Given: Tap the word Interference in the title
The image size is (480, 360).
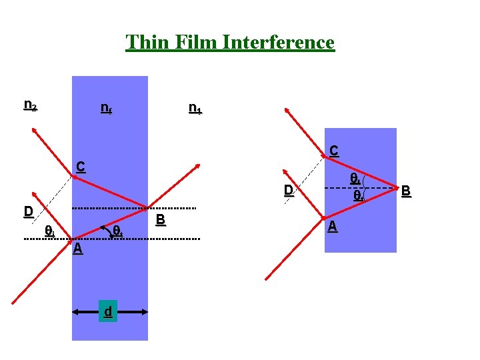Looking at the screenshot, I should [x=279, y=43].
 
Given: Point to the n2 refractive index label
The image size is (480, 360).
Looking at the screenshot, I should [x=30, y=105].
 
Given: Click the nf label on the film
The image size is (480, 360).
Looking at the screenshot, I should [x=105, y=107].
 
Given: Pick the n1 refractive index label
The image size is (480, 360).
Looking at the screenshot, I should [x=195, y=107].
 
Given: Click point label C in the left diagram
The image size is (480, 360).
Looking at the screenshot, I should [x=80, y=166].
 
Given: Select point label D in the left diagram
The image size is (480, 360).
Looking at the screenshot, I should [x=28, y=212].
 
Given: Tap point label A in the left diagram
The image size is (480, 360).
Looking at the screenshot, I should [x=78, y=248].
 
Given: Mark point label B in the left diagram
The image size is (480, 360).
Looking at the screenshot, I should [x=160, y=219].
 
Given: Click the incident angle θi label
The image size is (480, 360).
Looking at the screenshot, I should [x=49, y=231].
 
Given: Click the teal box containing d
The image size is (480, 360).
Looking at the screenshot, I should [x=107, y=311].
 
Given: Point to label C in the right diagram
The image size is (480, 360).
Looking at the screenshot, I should [x=333, y=151].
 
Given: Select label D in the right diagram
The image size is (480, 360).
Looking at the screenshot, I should [x=288, y=191].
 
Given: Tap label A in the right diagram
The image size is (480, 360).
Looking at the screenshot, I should [x=333, y=227].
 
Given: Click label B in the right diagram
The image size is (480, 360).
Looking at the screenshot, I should [x=405, y=193].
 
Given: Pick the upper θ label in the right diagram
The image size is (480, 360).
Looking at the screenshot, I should [x=356, y=179].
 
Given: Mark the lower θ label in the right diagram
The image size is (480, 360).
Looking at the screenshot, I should [x=358, y=196].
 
